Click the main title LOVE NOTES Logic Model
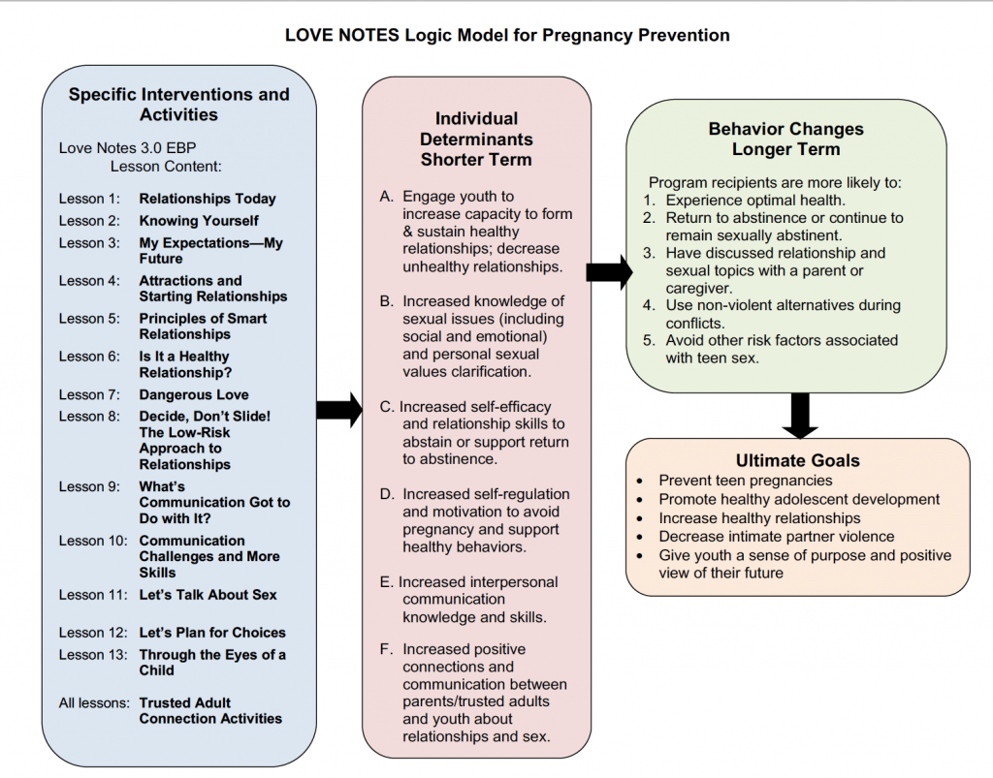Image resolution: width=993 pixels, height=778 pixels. (507, 36)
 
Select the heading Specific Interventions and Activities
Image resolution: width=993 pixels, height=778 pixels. (178, 105)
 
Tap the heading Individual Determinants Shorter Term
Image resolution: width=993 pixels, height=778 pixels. (476, 140)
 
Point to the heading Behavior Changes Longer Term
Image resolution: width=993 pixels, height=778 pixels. (785, 139)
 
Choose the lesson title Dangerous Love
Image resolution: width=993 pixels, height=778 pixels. (194, 394)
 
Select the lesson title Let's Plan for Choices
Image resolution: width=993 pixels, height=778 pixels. (212, 633)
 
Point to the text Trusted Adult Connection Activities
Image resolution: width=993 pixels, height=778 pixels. (210, 711)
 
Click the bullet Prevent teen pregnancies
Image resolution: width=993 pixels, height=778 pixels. (745, 481)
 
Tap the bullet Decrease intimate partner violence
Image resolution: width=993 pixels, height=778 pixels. (776, 537)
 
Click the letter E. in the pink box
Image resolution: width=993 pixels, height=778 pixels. (387, 582)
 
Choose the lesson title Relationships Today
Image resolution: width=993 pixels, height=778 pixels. (208, 199)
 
